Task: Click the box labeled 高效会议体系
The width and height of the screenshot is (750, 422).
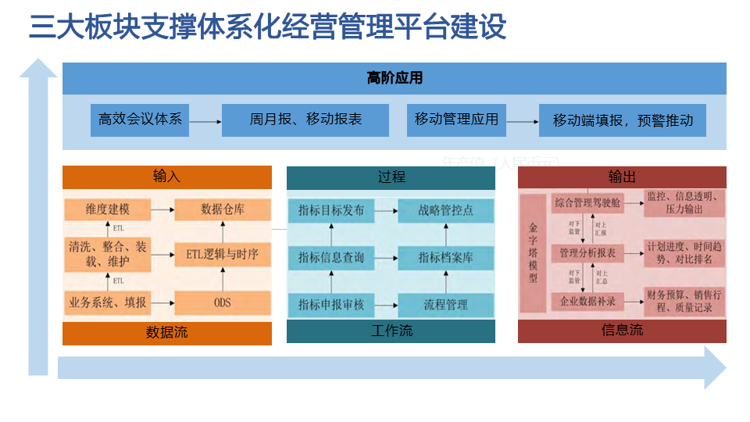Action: coord(140,120)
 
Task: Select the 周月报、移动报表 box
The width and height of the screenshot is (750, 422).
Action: coord(305,120)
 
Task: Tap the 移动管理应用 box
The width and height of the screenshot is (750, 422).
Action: coord(456,120)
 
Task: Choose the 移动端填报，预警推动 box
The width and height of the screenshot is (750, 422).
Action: coord(623,120)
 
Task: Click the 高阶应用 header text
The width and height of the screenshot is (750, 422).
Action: coord(395,78)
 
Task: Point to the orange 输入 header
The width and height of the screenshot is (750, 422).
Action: coord(167,177)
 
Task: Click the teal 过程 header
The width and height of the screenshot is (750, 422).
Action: coord(391,177)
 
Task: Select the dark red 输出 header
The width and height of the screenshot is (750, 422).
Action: coord(622,177)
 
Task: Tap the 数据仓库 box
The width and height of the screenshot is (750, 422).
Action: coord(223,209)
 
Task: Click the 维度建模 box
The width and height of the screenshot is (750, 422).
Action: coord(108,209)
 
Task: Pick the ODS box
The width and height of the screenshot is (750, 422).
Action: coord(223,302)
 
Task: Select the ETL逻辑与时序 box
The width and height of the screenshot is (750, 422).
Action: coord(223,254)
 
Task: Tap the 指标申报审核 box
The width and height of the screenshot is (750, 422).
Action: coord(331,304)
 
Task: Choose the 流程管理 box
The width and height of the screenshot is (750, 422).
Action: coord(445,304)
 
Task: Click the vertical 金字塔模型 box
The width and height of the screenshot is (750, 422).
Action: coord(534,253)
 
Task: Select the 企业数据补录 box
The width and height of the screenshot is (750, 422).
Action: coord(587,301)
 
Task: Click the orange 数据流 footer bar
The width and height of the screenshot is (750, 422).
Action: coord(167,333)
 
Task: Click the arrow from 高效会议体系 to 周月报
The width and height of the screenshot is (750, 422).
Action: coord(205,121)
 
